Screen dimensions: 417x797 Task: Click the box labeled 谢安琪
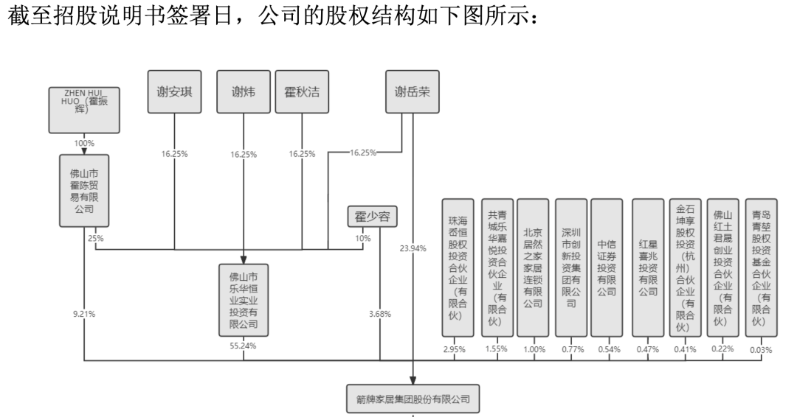[174, 92]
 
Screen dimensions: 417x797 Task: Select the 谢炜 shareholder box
[244, 92]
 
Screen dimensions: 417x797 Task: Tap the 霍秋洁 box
[302, 92]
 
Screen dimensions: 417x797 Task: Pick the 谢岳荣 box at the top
[413, 92]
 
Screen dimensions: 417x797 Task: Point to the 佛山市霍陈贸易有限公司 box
[84, 190]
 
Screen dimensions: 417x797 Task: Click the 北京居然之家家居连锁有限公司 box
[533, 267]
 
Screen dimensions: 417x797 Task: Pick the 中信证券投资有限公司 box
[607, 267]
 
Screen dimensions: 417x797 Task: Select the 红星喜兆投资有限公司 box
[647, 267]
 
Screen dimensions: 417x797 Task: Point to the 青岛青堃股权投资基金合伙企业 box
[760, 267]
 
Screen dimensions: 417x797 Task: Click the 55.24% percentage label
[244, 345]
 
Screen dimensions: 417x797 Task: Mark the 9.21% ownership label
[83, 314]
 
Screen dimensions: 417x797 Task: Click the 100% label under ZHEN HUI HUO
[83, 141]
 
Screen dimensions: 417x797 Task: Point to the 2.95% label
[455, 349]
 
